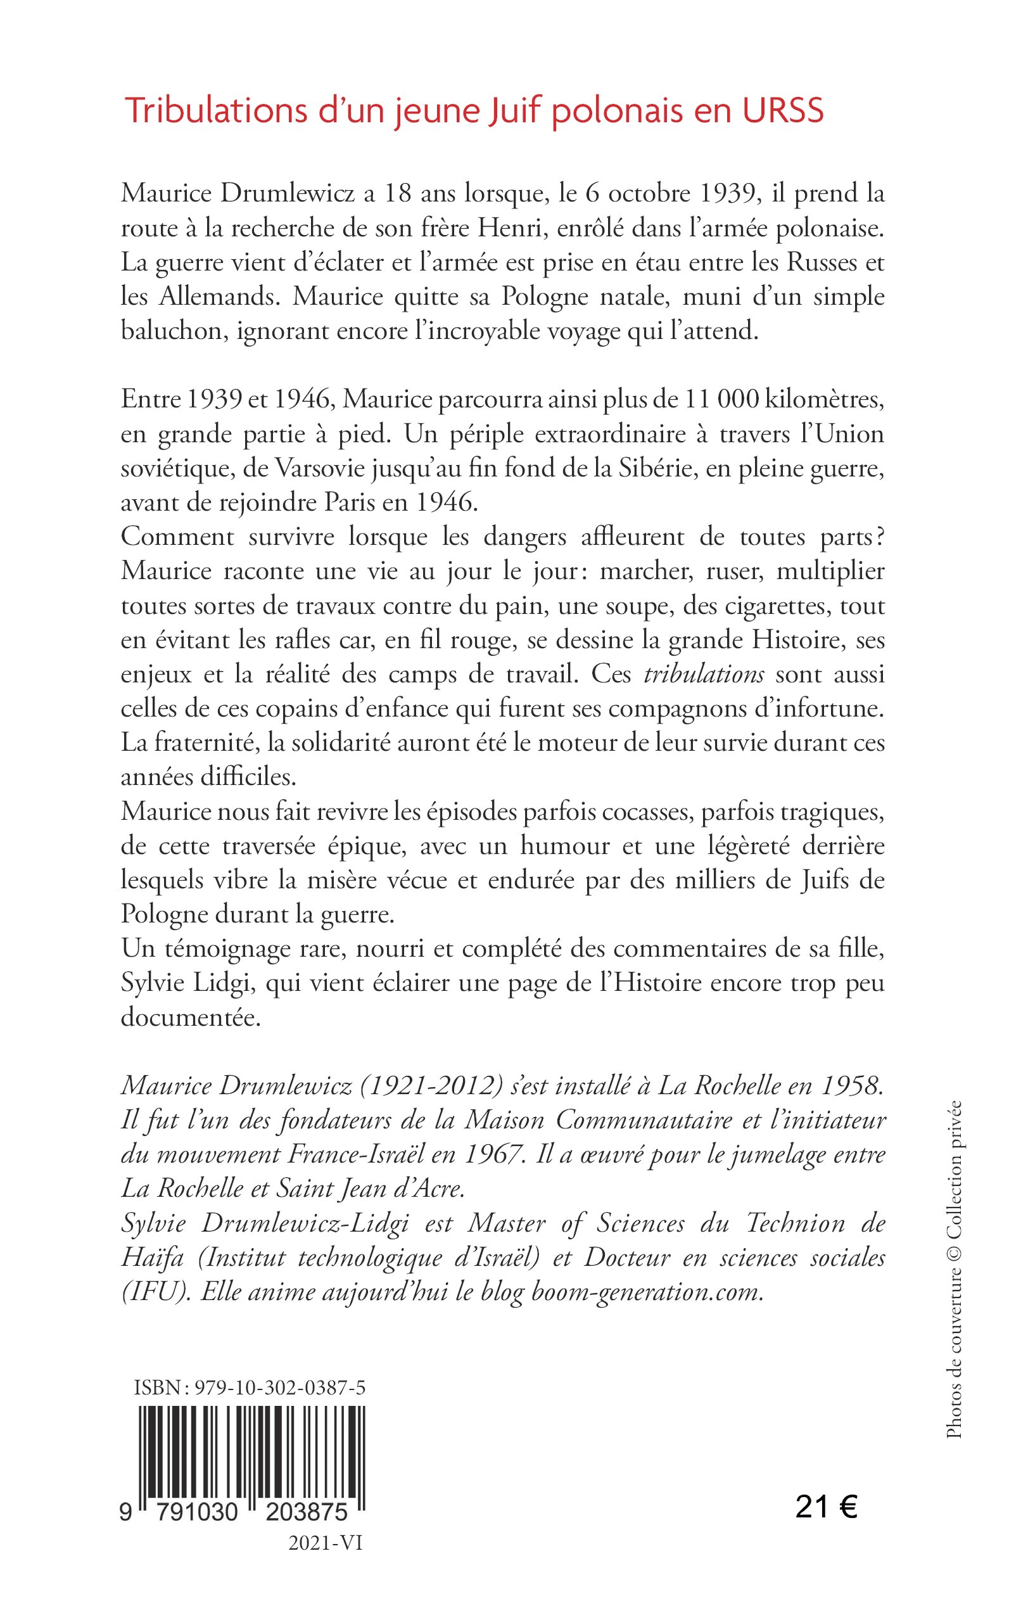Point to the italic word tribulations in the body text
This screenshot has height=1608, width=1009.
703,674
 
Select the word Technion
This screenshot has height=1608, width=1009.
795,1223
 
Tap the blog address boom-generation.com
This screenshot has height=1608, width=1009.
647,1292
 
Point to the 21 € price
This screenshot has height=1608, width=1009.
826,1508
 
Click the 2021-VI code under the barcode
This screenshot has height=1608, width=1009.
325,1543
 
